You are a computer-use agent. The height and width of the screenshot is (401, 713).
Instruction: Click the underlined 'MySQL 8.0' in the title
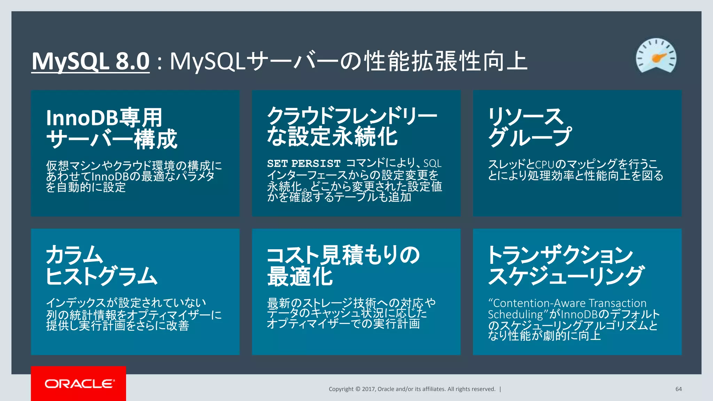click(91, 61)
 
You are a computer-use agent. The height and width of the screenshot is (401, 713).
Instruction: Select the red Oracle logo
click(79, 384)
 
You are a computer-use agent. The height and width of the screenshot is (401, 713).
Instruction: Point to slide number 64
click(679, 389)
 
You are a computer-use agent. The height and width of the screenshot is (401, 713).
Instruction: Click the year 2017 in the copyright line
click(368, 389)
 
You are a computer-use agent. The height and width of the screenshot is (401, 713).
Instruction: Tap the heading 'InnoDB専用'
click(104, 118)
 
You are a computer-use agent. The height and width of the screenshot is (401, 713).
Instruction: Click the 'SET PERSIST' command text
click(304, 164)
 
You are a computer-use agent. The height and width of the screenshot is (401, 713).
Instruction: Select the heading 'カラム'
click(75, 254)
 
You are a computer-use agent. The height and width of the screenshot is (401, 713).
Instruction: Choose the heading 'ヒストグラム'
click(102, 276)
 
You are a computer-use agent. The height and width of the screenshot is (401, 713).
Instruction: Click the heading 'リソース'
click(525, 116)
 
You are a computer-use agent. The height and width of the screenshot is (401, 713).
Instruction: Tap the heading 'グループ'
click(530, 137)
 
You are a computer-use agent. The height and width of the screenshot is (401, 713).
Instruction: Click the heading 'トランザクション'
click(560, 254)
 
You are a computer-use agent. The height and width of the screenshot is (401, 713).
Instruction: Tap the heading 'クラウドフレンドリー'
click(352, 116)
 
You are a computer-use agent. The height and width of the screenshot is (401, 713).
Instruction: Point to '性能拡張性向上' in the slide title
click(445, 61)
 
